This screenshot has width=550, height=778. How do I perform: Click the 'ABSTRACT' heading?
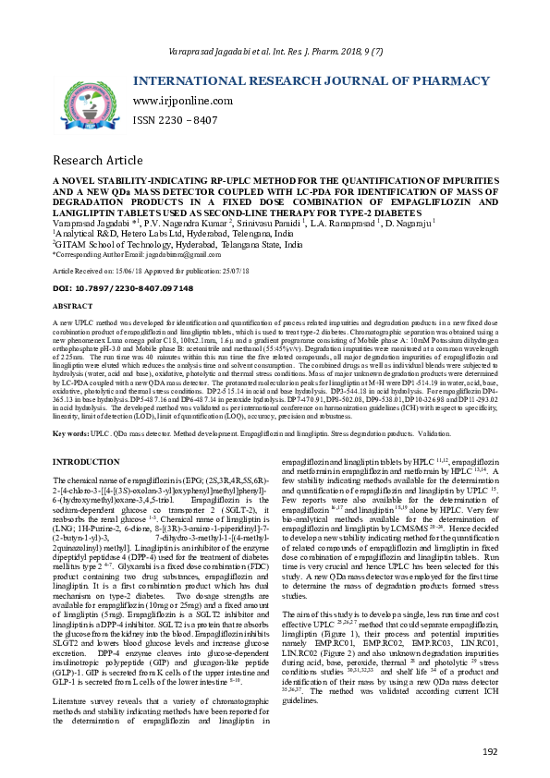pos(72,305)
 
